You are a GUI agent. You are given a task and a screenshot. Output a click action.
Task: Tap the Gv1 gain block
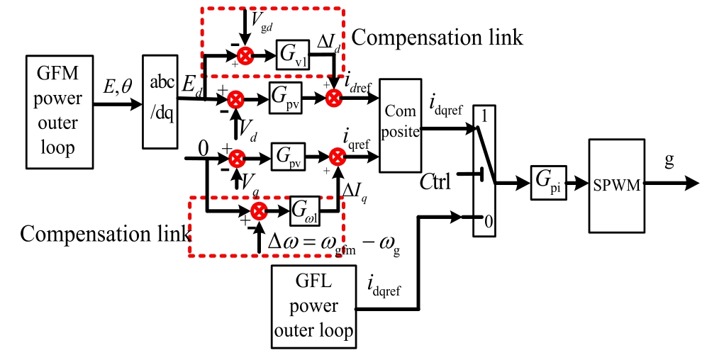coord(293,55)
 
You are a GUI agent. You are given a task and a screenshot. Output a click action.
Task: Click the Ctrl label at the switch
coord(434,181)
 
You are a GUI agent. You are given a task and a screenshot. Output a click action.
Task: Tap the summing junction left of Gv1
coord(245,55)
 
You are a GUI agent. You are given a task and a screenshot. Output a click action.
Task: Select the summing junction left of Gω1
coord(260,210)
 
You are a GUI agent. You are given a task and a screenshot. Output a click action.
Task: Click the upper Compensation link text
coord(437,38)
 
